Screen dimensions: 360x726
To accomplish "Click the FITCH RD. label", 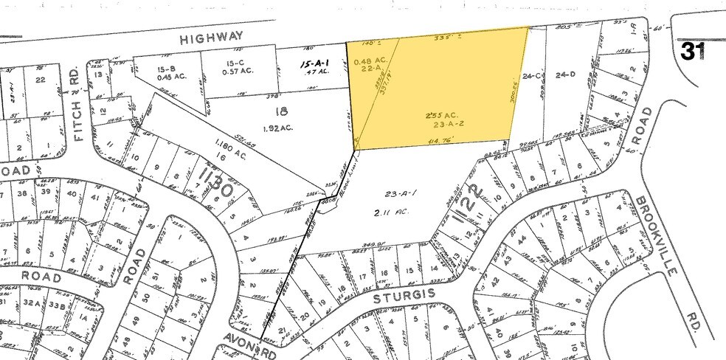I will [x=75, y=93].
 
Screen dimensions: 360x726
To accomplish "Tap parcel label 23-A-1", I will [x=401, y=193].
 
